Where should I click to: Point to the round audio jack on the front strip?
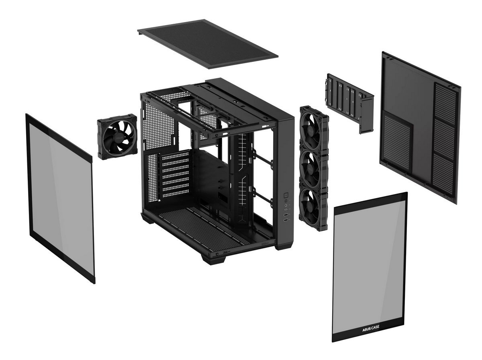tap(286, 205)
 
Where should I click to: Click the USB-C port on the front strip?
tap(286, 210)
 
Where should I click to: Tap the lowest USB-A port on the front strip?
tap(286, 220)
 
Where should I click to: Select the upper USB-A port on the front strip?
tap(286, 215)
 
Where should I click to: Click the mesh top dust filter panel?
tap(208, 44)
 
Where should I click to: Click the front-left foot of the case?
tap(213, 259)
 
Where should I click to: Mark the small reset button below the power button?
tap(286, 201)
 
